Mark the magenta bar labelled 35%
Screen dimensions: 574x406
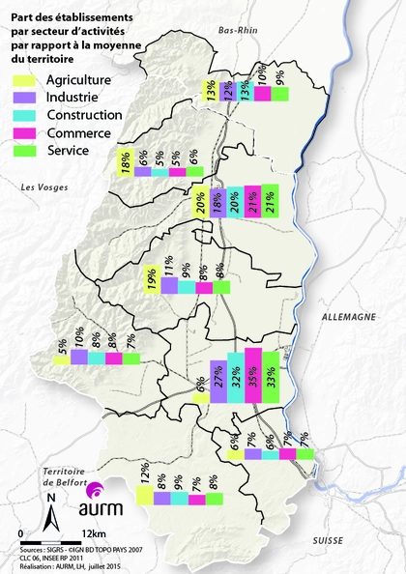[x=253, y=373]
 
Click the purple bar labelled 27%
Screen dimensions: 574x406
[x=218, y=377]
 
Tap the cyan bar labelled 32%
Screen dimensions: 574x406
[x=236, y=375]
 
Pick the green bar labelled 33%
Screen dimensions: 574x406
[x=271, y=374]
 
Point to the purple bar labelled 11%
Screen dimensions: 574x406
[x=169, y=287]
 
